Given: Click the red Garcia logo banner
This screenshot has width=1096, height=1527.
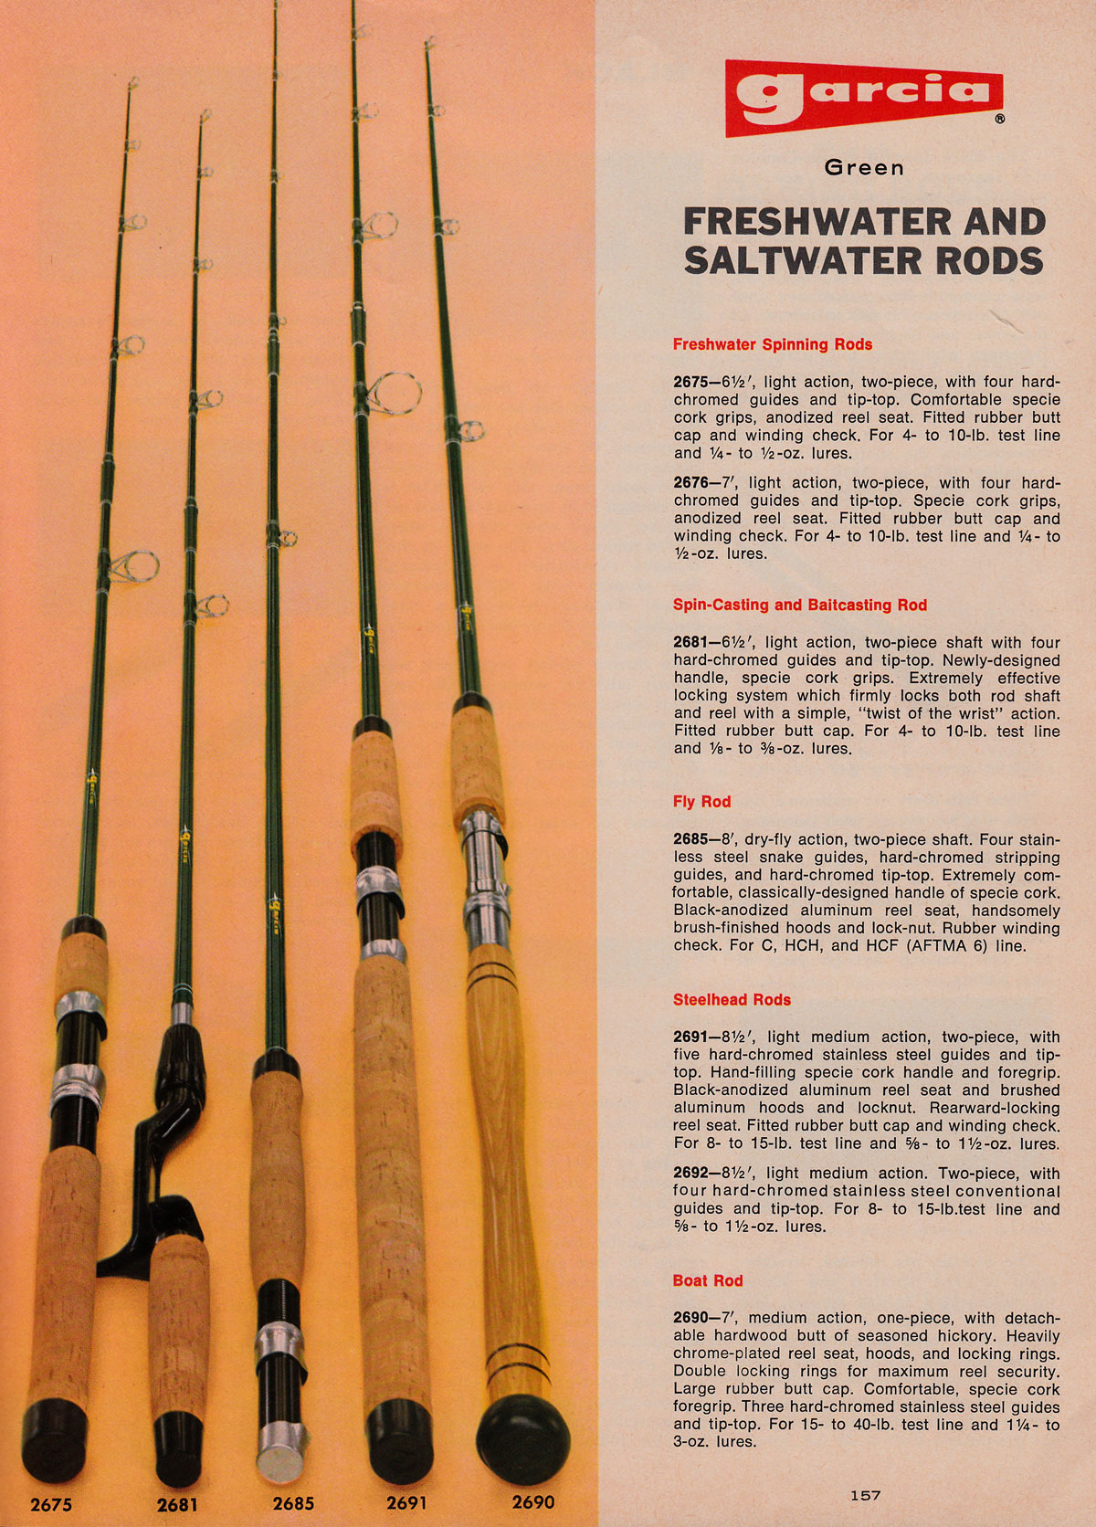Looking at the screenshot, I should pos(863,96).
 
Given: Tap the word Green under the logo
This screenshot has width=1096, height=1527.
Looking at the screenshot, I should pos(864,168).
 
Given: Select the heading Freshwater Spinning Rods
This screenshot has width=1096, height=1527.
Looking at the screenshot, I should pos(772,344).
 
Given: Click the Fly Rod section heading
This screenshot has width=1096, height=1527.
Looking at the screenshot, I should pos(701,801).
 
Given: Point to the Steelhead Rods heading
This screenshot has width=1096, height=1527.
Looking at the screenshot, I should pos(732,999).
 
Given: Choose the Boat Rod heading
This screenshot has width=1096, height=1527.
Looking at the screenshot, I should pos(708,1280).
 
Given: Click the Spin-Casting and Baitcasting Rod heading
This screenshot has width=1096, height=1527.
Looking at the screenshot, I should pos(799,605).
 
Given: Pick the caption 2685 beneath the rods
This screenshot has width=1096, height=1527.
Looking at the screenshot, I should pos(293,1502).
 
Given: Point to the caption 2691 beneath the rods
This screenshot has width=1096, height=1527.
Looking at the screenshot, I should pos(406,1502).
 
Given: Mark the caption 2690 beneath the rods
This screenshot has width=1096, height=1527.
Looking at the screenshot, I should pos(532,1501).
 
